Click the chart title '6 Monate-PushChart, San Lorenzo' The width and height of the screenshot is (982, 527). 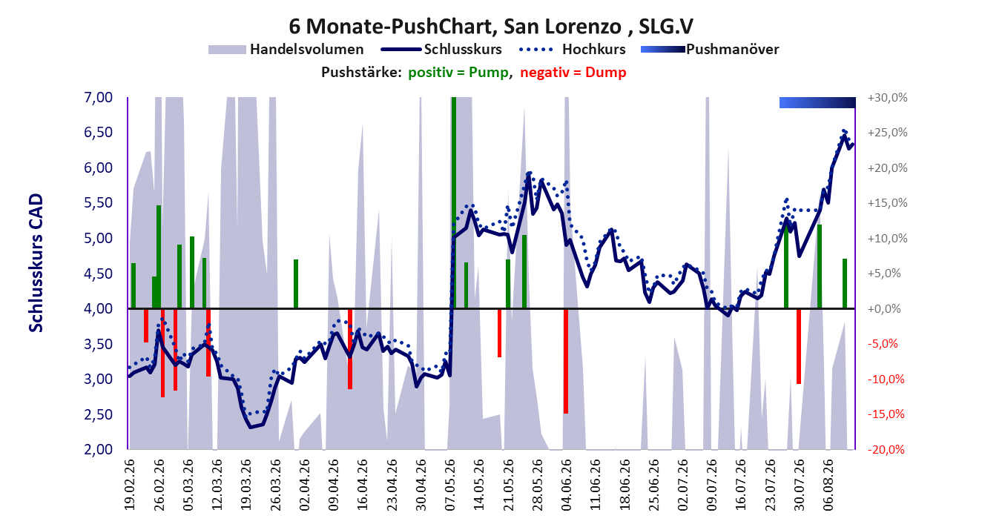click(x=455, y=26)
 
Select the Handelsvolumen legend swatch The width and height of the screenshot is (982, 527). click(x=227, y=50)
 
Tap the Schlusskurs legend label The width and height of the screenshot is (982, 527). click(x=463, y=50)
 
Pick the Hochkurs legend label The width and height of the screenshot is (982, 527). click(x=593, y=50)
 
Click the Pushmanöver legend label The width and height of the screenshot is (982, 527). click(x=732, y=50)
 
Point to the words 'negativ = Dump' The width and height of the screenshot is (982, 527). click(x=573, y=73)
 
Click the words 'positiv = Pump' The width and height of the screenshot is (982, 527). click(x=458, y=73)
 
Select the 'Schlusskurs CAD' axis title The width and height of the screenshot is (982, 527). click(x=36, y=263)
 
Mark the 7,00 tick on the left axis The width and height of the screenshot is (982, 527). click(x=98, y=97)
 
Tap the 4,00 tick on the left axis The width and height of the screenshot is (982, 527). click(x=98, y=309)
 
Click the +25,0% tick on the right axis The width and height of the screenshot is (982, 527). click(x=887, y=133)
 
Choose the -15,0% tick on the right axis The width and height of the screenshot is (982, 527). click(x=886, y=414)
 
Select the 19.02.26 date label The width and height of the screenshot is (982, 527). click(x=129, y=485)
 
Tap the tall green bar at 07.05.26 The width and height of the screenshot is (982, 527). click(x=454, y=203)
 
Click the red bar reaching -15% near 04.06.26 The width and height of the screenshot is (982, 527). click(x=566, y=362)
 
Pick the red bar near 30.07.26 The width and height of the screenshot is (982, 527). click(x=799, y=346)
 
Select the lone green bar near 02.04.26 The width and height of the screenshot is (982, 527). click(x=296, y=284)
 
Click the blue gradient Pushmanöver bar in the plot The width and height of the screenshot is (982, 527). click(x=817, y=102)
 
